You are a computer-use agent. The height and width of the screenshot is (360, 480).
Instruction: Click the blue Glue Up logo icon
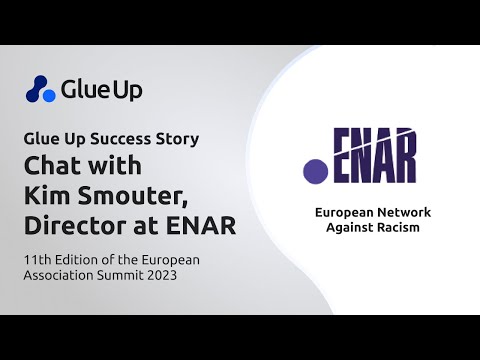pyautogui.click(x=41, y=89)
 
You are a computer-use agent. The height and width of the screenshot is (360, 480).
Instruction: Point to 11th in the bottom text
pyautogui.click(x=40, y=259)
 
